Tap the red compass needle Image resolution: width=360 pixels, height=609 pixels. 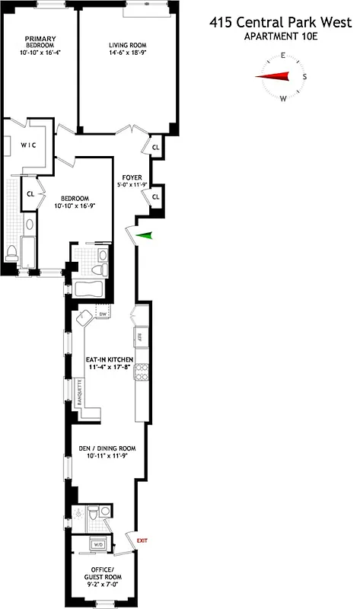tap(275, 76)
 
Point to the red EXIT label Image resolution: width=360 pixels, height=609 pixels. tap(142, 540)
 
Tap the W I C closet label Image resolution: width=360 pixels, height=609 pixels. tap(28, 145)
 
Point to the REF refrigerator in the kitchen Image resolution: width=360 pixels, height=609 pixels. tap(140, 336)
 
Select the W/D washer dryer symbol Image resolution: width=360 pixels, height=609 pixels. tap(97, 545)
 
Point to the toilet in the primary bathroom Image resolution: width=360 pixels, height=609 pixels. tap(12, 253)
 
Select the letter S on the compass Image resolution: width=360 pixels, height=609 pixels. tap(305, 76)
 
